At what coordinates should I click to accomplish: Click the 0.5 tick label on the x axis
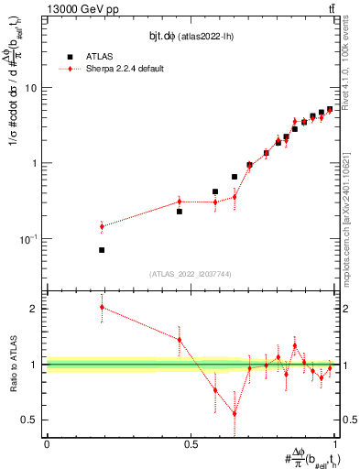click(x=191, y=444)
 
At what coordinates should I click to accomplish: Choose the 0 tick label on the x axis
click(x=47, y=444)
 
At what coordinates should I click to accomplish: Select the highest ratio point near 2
click(x=102, y=307)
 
